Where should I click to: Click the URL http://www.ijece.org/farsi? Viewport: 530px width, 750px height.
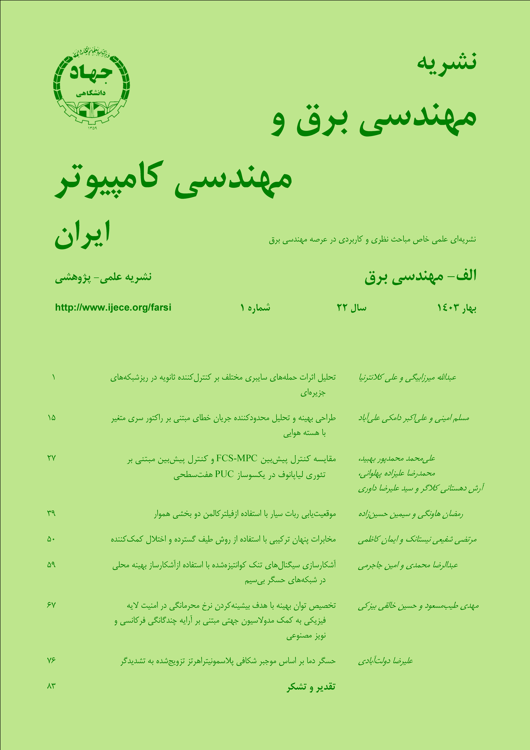point(113,307)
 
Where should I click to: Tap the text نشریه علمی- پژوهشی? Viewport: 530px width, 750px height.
point(103,277)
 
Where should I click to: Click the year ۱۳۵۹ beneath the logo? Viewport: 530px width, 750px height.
point(92,128)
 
